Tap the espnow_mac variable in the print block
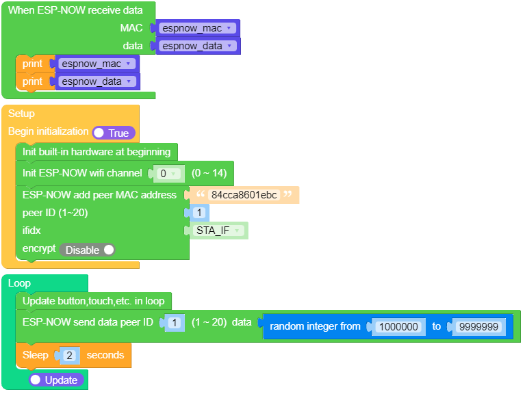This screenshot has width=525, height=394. tap(96, 64)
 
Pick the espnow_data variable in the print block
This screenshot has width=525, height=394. tap(96, 81)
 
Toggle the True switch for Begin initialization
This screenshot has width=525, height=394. tap(114, 133)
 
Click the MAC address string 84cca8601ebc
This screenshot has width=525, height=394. tap(244, 195)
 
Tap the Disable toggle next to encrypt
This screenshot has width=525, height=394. tap(88, 250)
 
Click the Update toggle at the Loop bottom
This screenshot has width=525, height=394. tap(57, 379)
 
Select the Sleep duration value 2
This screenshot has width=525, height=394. tap(70, 355)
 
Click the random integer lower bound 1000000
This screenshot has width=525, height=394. tap(398, 326)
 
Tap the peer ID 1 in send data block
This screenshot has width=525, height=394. tap(175, 322)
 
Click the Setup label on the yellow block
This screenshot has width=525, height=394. tap(21, 114)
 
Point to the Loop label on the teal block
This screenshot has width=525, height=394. tap(19, 283)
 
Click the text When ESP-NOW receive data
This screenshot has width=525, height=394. tap(75, 10)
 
